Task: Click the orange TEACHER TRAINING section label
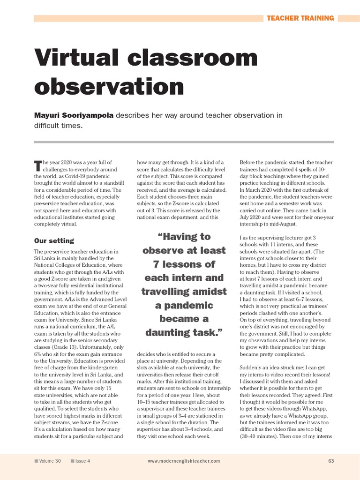[300, 18]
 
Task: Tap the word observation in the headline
[109, 87]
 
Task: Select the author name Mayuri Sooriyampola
[74, 115]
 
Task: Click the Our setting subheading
[54, 240]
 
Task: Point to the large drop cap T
[38, 165]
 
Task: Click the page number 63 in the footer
[331, 461]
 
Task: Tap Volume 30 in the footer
[50, 461]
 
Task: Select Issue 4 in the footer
[82, 461]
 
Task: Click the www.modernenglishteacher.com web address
[184, 461]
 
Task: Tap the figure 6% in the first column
[39, 354]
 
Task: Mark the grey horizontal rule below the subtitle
[184, 142]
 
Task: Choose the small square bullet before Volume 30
[36, 461]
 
